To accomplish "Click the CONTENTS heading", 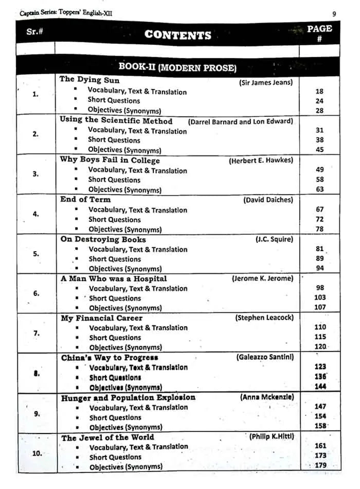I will (x=177, y=35).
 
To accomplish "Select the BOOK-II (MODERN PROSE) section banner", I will (x=177, y=67).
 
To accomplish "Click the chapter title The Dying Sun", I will (x=89, y=80).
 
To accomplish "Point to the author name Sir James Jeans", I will (x=266, y=82).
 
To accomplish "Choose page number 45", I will (x=320, y=150).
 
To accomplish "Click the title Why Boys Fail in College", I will (x=110, y=160).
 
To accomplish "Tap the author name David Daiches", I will (x=268, y=200).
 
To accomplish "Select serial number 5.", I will (x=35, y=253).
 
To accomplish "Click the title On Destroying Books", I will (x=103, y=239).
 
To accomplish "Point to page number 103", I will (x=320, y=298).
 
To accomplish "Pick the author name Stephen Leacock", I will (x=264, y=318).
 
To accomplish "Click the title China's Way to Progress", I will (x=110, y=357).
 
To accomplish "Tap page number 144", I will (x=320, y=387).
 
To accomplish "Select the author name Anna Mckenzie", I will (x=267, y=397).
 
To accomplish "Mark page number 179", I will (x=320, y=466).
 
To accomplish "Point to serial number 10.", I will (x=38, y=453).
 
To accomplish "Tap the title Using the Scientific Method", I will (x=116, y=120).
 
